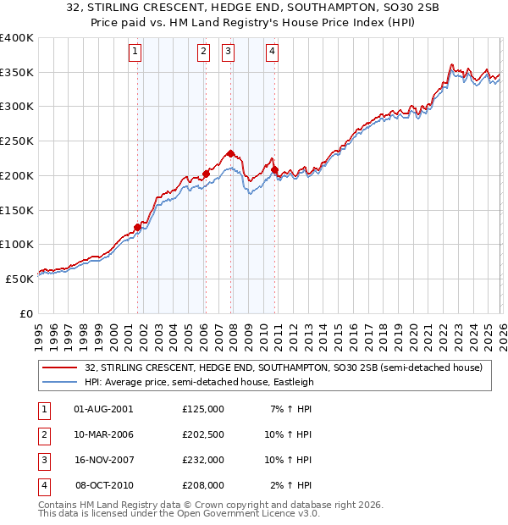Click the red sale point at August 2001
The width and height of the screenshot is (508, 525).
(x=137, y=227)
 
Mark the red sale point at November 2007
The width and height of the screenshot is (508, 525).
(x=230, y=153)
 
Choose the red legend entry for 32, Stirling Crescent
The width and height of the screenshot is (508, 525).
(x=283, y=367)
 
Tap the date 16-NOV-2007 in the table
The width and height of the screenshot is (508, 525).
(x=103, y=460)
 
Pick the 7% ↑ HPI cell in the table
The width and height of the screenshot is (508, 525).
(x=291, y=408)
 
